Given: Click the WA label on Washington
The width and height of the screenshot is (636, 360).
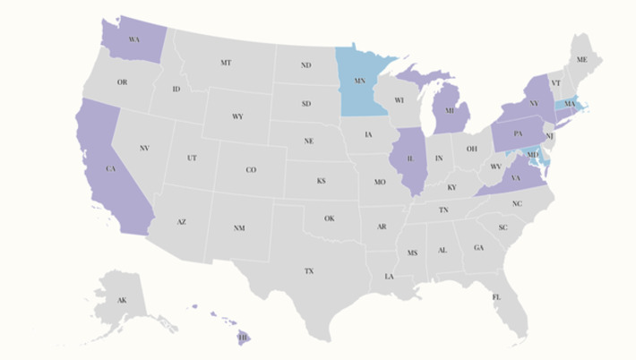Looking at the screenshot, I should tap(134, 40).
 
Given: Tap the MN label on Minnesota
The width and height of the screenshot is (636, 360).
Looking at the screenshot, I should tap(359, 81).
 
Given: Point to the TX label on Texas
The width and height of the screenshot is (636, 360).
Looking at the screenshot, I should tap(309, 270).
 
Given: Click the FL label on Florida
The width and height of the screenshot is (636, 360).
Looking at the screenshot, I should tap(495, 296).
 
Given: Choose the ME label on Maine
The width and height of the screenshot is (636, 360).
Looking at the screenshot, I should tap(582, 59).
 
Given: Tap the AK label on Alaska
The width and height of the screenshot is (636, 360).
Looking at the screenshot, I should tap(122, 300).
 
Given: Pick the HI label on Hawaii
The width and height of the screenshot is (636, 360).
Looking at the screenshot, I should tap(242, 338).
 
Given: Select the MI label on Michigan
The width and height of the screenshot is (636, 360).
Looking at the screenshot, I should tap(451, 112).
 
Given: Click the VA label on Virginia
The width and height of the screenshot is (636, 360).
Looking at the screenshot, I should tap(516, 178).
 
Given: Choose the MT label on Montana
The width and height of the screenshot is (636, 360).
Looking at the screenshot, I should tap(226, 63).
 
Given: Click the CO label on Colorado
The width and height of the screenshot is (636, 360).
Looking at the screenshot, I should tap(251, 169).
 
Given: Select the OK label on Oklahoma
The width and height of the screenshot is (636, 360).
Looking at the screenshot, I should tap(329, 218).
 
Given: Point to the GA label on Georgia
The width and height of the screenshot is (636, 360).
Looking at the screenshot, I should tap(478, 248).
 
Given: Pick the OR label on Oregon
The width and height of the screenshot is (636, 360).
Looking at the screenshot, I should tap(123, 82).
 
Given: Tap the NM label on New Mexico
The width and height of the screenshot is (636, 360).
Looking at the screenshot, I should tap(239, 228).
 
